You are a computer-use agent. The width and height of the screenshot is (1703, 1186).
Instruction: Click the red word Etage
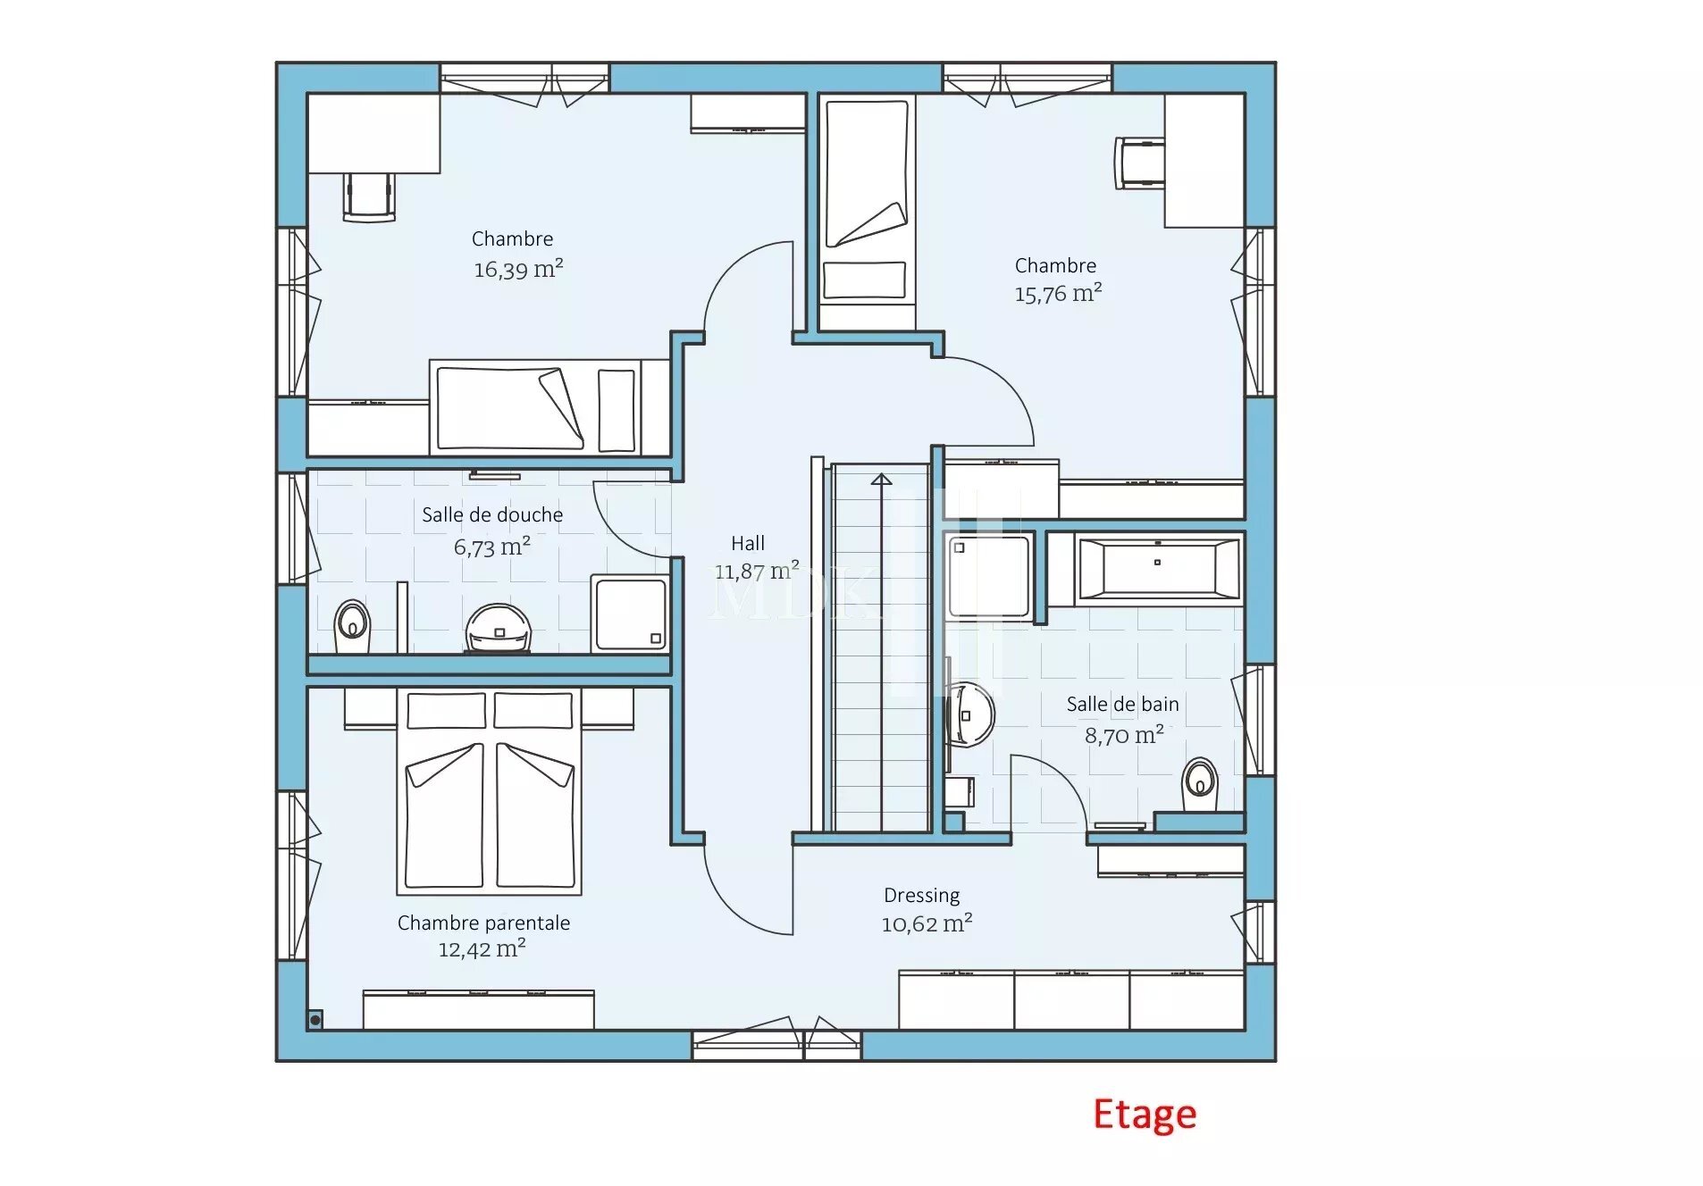coord(1145,1115)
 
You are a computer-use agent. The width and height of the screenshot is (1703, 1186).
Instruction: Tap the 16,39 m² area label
coord(518,269)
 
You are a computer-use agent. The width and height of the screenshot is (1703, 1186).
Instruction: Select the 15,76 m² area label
coord(1058,293)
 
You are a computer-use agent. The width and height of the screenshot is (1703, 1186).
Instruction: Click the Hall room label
coord(748,543)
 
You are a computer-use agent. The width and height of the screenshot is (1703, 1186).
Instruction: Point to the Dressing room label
coord(921,896)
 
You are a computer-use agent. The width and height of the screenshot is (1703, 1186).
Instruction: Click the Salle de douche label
coord(492,514)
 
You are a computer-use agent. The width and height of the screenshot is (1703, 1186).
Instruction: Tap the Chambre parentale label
coord(483,923)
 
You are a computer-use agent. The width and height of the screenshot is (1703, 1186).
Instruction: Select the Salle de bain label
coord(1122,705)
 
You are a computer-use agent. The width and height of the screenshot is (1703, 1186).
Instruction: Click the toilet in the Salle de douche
coord(352,625)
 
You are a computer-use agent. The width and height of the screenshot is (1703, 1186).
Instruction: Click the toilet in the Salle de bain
coord(1199,784)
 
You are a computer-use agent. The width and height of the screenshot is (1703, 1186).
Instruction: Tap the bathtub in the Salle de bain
coord(1159,569)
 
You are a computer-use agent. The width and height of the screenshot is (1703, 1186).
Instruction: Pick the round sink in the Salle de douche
coord(499,628)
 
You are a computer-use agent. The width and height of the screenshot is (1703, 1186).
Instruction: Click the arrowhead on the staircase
coord(881,480)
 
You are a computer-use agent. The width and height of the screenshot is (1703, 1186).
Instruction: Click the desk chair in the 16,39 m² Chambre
coord(369,196)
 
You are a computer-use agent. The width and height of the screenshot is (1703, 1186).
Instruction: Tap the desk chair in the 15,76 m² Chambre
coord(1139,163)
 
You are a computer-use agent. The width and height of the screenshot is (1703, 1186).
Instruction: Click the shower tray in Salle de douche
coord(630,614)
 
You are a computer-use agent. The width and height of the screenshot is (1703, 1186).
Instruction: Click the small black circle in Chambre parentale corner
coord(315,1020)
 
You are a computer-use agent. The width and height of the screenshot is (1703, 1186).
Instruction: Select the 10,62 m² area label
coord(927,923)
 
